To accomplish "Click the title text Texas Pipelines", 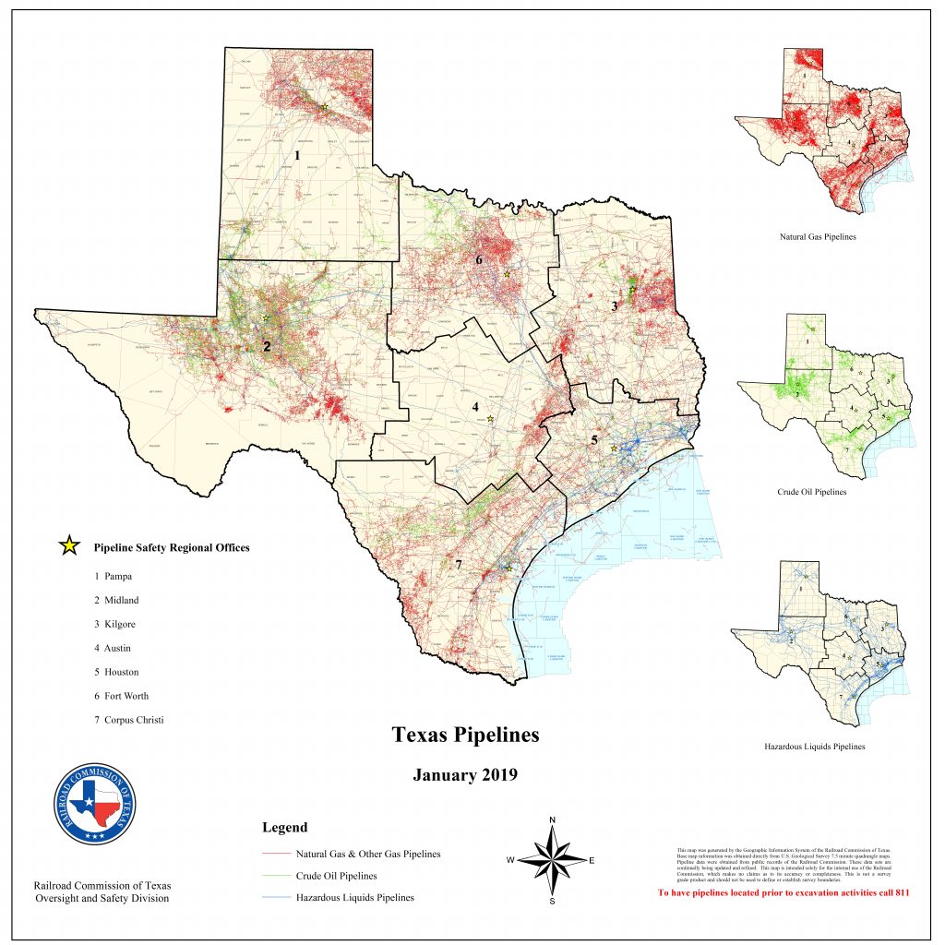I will (x=465, y=735).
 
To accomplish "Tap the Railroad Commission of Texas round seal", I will (x=95, y=803).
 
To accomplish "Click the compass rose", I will (x=552, y=860).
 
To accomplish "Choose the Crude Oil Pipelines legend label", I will (x=336, y=876).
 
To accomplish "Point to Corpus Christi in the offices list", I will (x=128, y=720).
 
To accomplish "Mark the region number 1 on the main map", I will (x=297, y=156).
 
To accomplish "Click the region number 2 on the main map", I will (x=266, y=347).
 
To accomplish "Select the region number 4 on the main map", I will (x=475, y=406).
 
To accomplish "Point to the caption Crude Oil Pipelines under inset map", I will (x=812, y=492).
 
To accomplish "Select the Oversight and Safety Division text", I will (x=102, y=898).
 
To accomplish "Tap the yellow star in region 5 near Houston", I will (x=614, y=449).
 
